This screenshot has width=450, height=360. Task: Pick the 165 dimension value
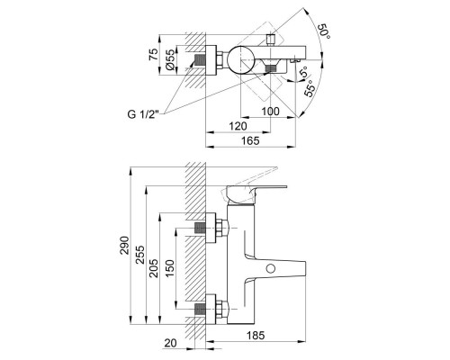click(x=253, y=140)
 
